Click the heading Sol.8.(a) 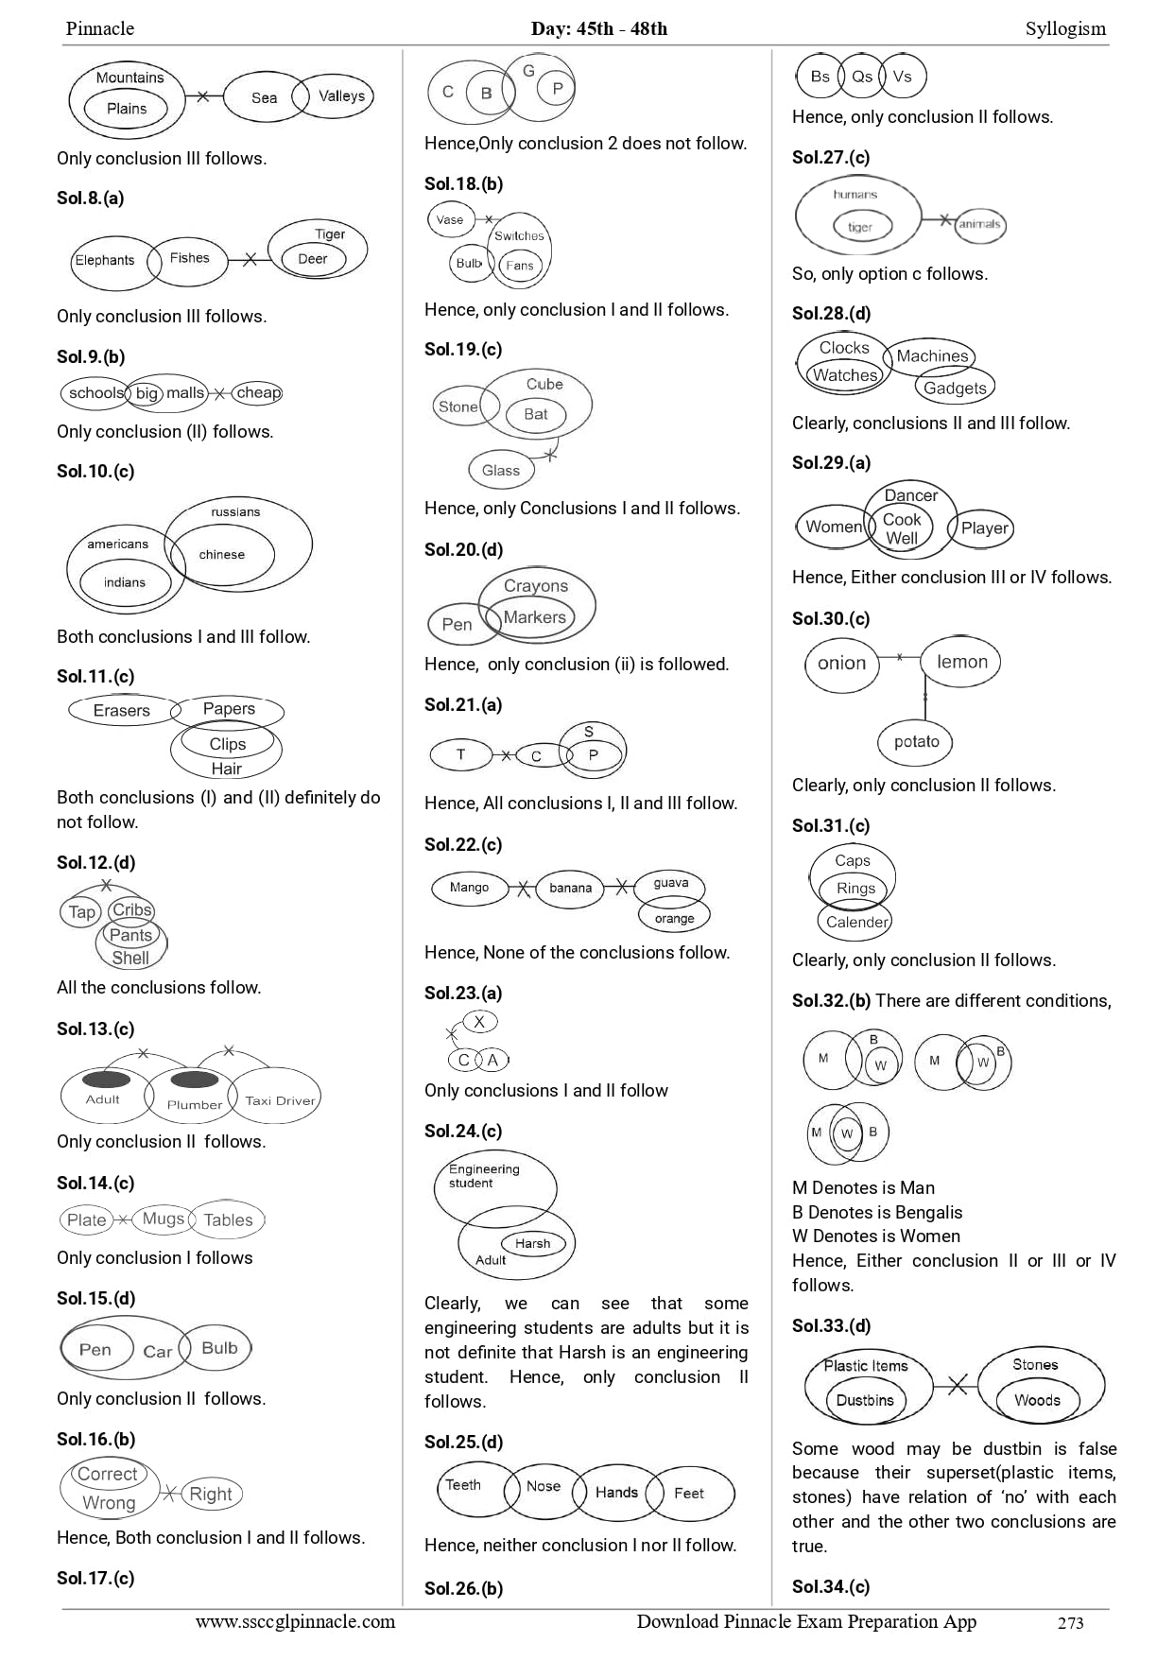click(91, 199)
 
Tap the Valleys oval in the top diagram click(341, 96)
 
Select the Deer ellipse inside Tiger click(312, 259)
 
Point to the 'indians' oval click(125, 582)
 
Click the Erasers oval click(122, 711)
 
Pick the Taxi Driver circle click(279, 1100)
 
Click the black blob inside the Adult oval click(107, 1080)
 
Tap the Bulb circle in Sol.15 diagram click(219, 1348)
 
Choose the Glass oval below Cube click(501, 470)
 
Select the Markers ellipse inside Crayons click(535, 617)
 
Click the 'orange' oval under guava click(674, 918)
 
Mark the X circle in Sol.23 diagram click(479, 1022)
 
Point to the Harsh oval click(533, 1243)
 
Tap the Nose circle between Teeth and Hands click(544, 1487)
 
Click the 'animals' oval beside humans click(979, 225)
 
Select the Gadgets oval click(955, 388)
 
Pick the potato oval click(916, 742)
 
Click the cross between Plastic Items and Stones click(958, 1386)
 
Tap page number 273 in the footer click(1070, 1623)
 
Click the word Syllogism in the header click(1065, 28)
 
